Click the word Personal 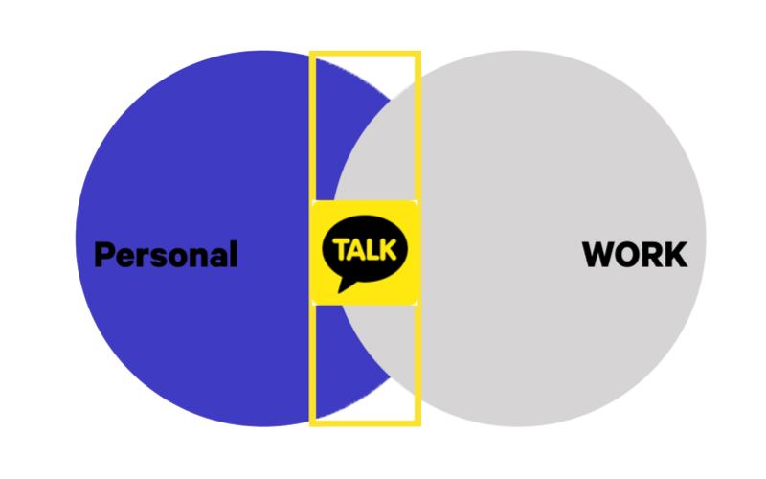click(x=166, y=255)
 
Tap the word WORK click(x=635, y=255)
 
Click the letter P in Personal click(x=104, y=255)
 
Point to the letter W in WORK click(x=599, y=255)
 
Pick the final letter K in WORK click(x=676, y=255)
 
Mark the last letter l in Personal click(x=233, y=254)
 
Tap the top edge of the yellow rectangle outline click(x=365, y=55)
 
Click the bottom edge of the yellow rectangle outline click(x=365, y=421)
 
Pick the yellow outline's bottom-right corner click(x=417, y=421)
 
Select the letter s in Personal click(x=160, y=258)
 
